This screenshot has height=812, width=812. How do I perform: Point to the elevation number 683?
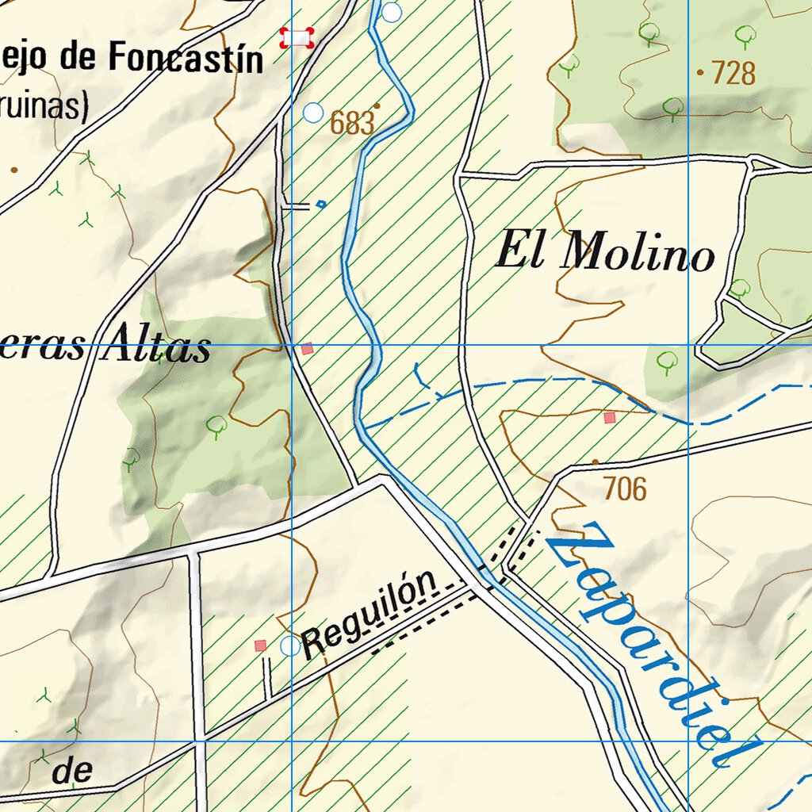tap(351, 124)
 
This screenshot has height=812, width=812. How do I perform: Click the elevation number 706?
tap(624, 489)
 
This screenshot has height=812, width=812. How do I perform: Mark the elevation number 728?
tap(733, 73)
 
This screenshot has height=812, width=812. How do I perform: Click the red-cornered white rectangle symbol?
tap(297, 37)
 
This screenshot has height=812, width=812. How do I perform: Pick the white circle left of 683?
tap(314, 113)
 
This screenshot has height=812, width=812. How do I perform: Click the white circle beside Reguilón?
tap(290, 646)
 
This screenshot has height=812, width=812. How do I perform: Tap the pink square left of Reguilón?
tap(260, 646)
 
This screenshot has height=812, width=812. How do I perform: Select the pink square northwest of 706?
tap(609, 417)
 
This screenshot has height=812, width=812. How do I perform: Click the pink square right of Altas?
tap(308, 348)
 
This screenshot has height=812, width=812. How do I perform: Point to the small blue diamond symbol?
tap(320, 205)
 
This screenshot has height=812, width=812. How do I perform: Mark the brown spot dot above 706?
tap(596, 462)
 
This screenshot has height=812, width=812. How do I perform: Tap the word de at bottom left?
tap(73, 772)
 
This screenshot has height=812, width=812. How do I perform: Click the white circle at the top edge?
tap(392, 12)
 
